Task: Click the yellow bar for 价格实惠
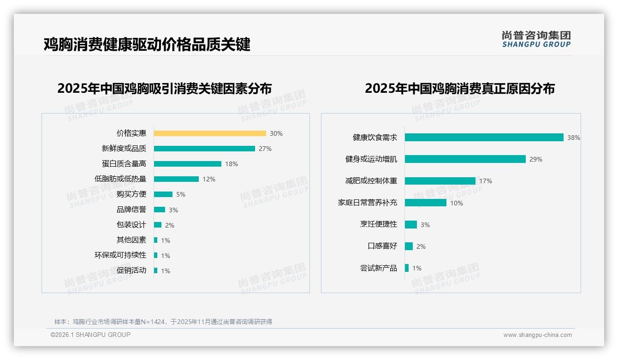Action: [210, 133]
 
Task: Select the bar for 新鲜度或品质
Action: [204, 149]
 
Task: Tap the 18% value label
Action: [232, 164]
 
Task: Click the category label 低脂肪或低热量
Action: [120, 179]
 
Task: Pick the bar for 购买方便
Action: [163, 194]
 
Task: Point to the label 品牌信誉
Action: [131, 210]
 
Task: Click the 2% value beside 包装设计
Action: [170, 225]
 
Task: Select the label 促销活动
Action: [131, 270]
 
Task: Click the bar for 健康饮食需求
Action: [484, 138]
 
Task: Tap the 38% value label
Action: [574, 138]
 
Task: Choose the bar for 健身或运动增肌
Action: [465, 159]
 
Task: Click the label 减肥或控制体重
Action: [371, 181]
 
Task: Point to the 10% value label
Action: [457, 203]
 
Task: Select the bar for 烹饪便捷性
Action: [411, 225]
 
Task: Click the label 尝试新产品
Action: [379, 268]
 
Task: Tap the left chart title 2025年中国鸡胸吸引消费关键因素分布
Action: [165, 88]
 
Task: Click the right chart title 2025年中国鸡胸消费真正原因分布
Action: [460, 88]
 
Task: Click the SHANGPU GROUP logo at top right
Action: [536, 39]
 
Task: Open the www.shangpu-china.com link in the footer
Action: [537, 335]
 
